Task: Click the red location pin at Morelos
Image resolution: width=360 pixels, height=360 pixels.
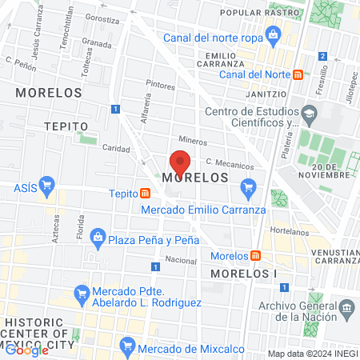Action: [180, 161]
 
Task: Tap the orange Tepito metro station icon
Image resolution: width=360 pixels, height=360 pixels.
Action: [145, 193]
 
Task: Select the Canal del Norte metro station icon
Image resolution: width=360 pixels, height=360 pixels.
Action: [298, 75]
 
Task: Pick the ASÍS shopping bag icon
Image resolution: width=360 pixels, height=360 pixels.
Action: [46, 186]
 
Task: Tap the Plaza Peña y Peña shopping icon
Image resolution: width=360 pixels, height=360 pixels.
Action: [98, 236]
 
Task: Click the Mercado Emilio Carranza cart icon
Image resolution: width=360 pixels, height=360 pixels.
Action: [247, 188]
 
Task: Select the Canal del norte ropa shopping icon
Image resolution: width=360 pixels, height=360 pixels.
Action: [274, 34]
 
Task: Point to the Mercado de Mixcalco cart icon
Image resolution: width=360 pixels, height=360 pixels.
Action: [126, 345]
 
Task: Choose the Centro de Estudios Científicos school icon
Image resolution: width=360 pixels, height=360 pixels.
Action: [307, 117]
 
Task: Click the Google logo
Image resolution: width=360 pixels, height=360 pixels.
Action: [26, 350]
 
